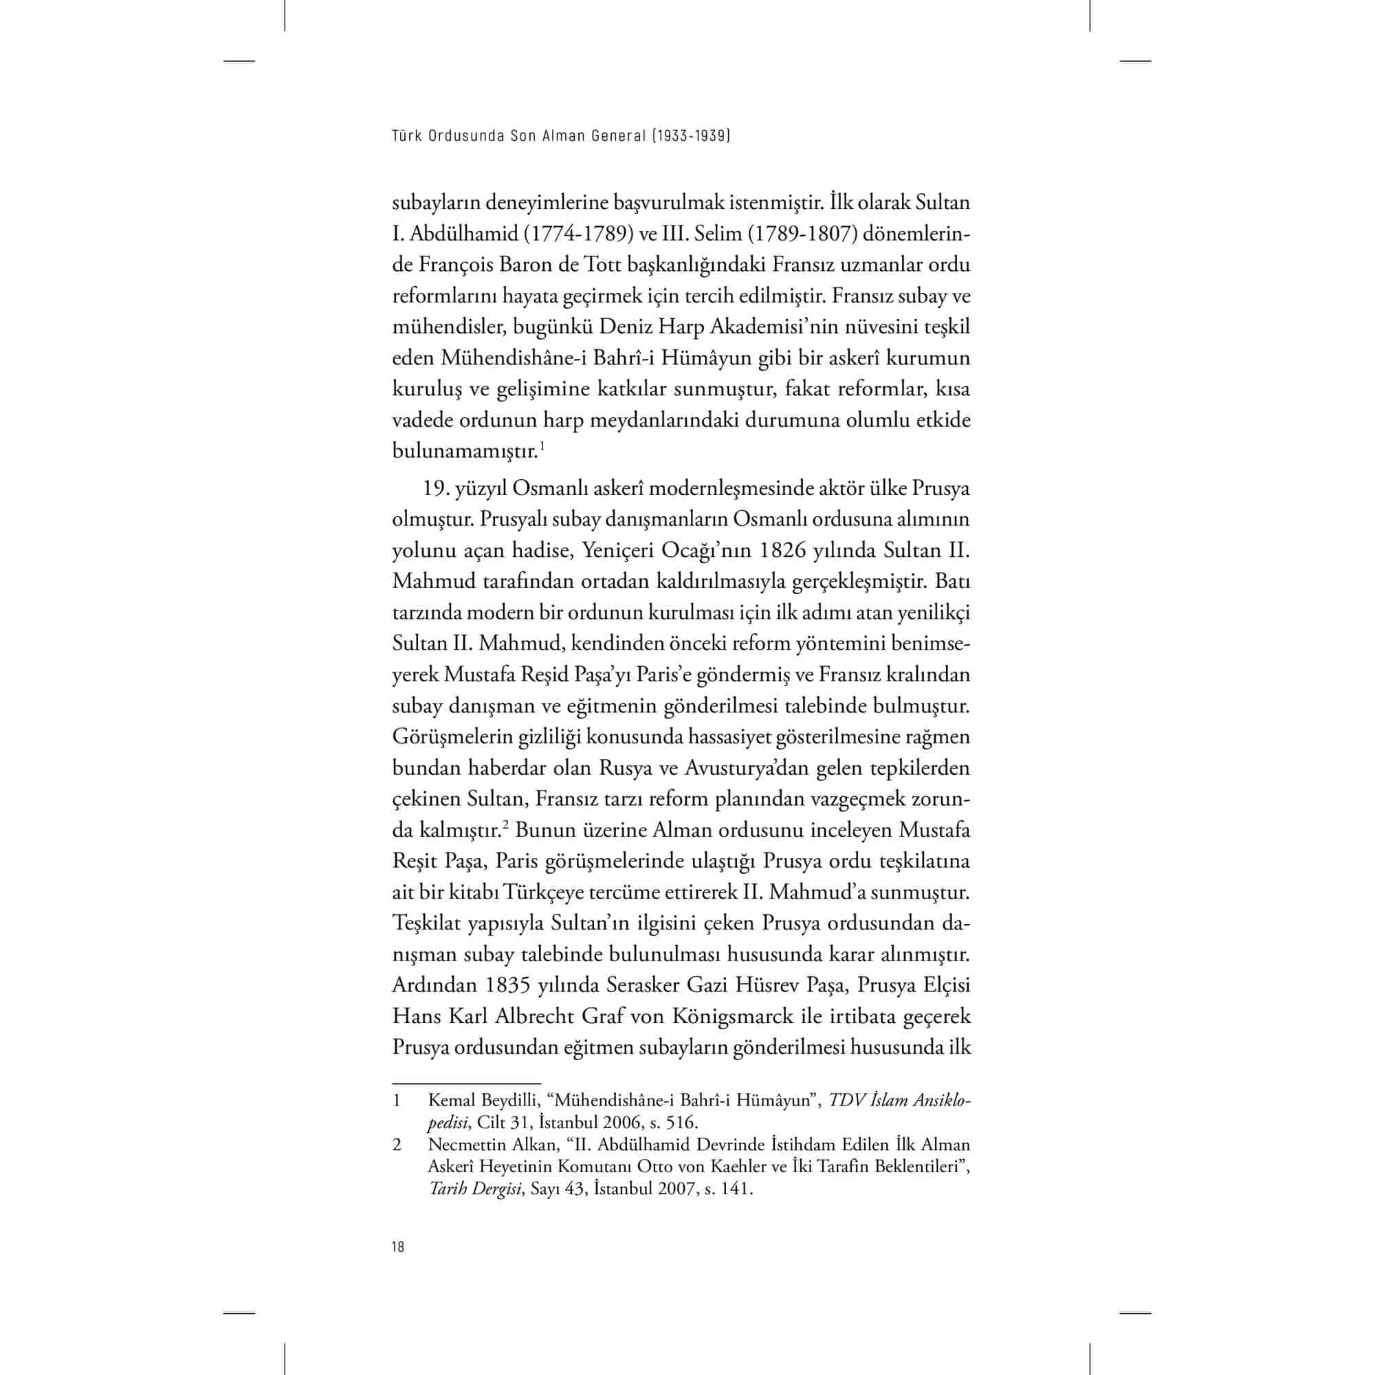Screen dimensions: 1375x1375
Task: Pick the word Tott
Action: click(603, 265)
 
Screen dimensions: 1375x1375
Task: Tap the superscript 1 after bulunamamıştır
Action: click(542, 446)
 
